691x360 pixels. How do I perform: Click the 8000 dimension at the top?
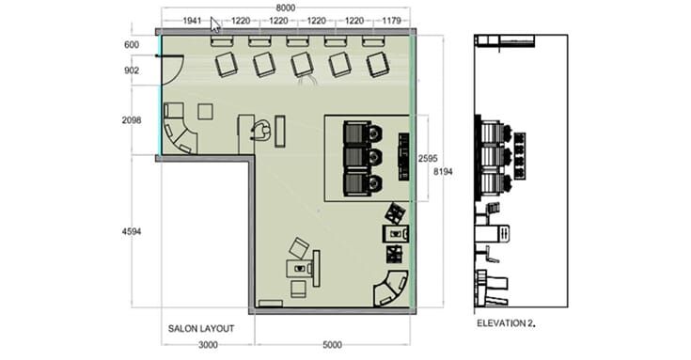point(285,8)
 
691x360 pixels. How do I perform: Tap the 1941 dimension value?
point(192,21)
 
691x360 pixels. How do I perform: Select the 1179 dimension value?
point(391,21)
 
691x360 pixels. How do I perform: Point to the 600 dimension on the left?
point(132,44)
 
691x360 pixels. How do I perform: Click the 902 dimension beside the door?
point(132,70)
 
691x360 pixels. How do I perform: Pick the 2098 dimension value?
point(132,120)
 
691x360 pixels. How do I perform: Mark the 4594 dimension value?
point(132,231)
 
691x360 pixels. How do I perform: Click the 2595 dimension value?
point(428,159)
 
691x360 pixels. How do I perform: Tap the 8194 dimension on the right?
point(443,172)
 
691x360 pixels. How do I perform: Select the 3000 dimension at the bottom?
point(208,345)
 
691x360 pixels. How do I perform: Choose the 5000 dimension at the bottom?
point(332,345)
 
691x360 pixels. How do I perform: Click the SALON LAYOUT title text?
point(201,329)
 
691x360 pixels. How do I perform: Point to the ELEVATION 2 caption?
point(506,323)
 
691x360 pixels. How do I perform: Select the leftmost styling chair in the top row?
point(227,64)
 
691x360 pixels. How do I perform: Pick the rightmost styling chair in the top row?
point(378,64)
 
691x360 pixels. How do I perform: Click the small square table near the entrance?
point(205,112)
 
